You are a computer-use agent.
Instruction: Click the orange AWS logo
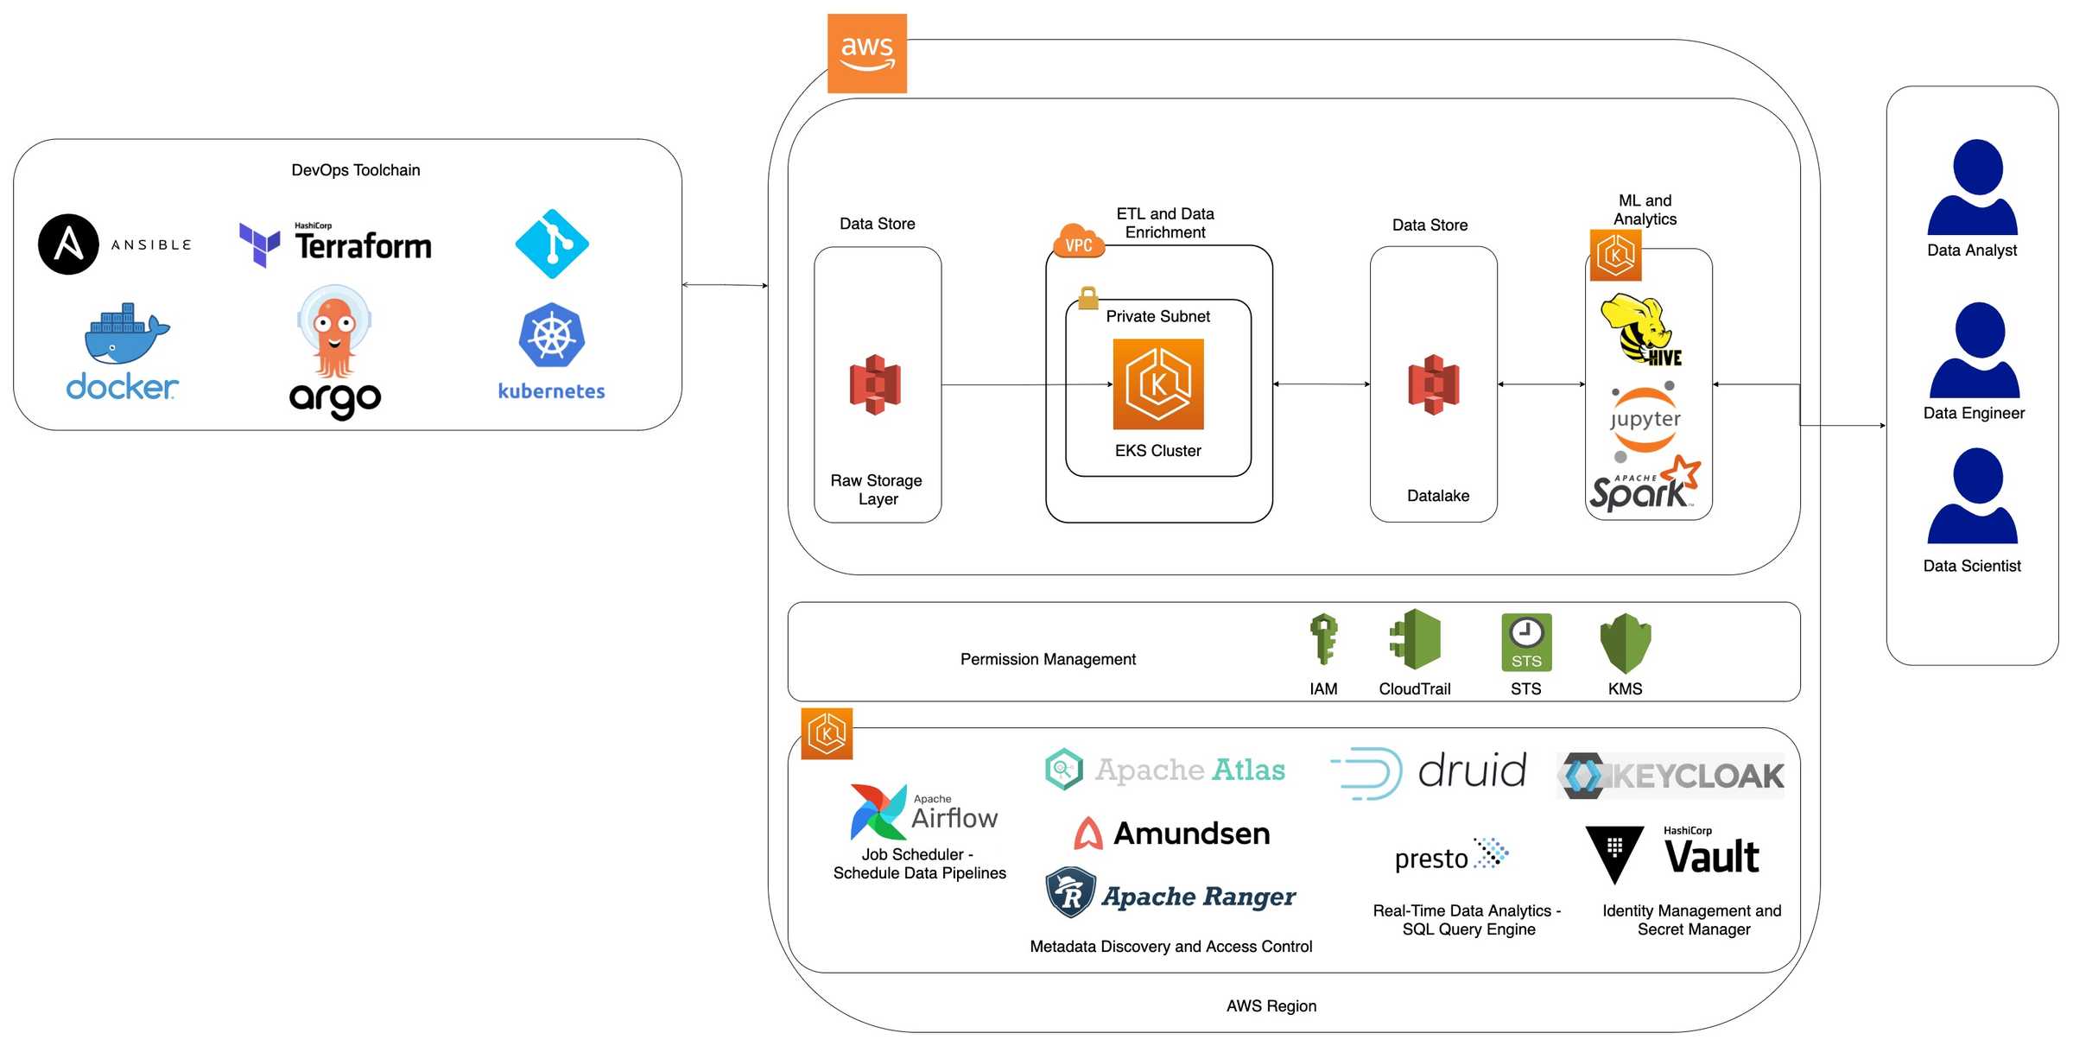[x=866, y=54]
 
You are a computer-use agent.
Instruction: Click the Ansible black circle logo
[x=69, y=244]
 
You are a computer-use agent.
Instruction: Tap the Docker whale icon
[x=126, y=334]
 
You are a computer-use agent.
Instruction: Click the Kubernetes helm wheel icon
[x=551, y=336]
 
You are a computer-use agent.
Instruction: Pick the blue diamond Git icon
[x=551, y=244]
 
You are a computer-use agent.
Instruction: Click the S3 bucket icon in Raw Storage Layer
[x=875, y=385]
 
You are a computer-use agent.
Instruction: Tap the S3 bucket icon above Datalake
[x=1433, y=385]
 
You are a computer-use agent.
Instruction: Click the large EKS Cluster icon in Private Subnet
[x=1157, y=384]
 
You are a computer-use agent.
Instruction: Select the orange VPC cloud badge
[x=1078, y=242]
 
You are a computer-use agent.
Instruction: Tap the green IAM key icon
[x=1323, y=639]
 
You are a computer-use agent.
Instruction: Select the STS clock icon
[x=1525, y=642]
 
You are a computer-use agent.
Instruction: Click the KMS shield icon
[x=1625, y=643]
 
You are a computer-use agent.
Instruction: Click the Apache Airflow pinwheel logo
[x=878, y=812]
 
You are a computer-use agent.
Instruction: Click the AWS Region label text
[x=1271, y=1005]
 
